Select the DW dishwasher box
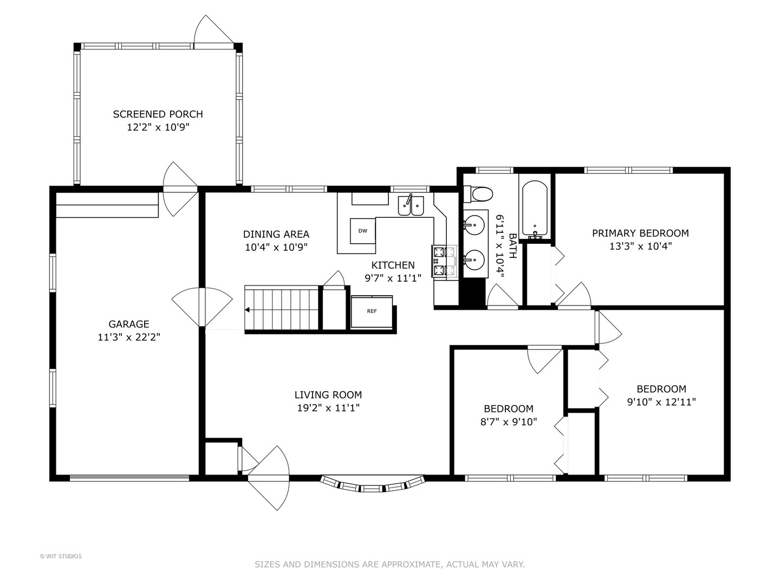pos(362,231)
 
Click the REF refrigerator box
pos(372,311)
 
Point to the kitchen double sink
pos(411,205)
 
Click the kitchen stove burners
pos(439,262)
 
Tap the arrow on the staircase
pos(248,310)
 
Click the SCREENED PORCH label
pos(158,114)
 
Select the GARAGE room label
pos(128,324)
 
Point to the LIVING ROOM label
pos(328,395)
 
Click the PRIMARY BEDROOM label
pos(640,233)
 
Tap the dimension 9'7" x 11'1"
pos(393,278)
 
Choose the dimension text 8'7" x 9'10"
pos(509,421)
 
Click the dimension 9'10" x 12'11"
pos(661,402)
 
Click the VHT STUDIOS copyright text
pos(61,556)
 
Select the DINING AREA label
pos(276,234)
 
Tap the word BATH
pos(513,246)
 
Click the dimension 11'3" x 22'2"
pos(129,337)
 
